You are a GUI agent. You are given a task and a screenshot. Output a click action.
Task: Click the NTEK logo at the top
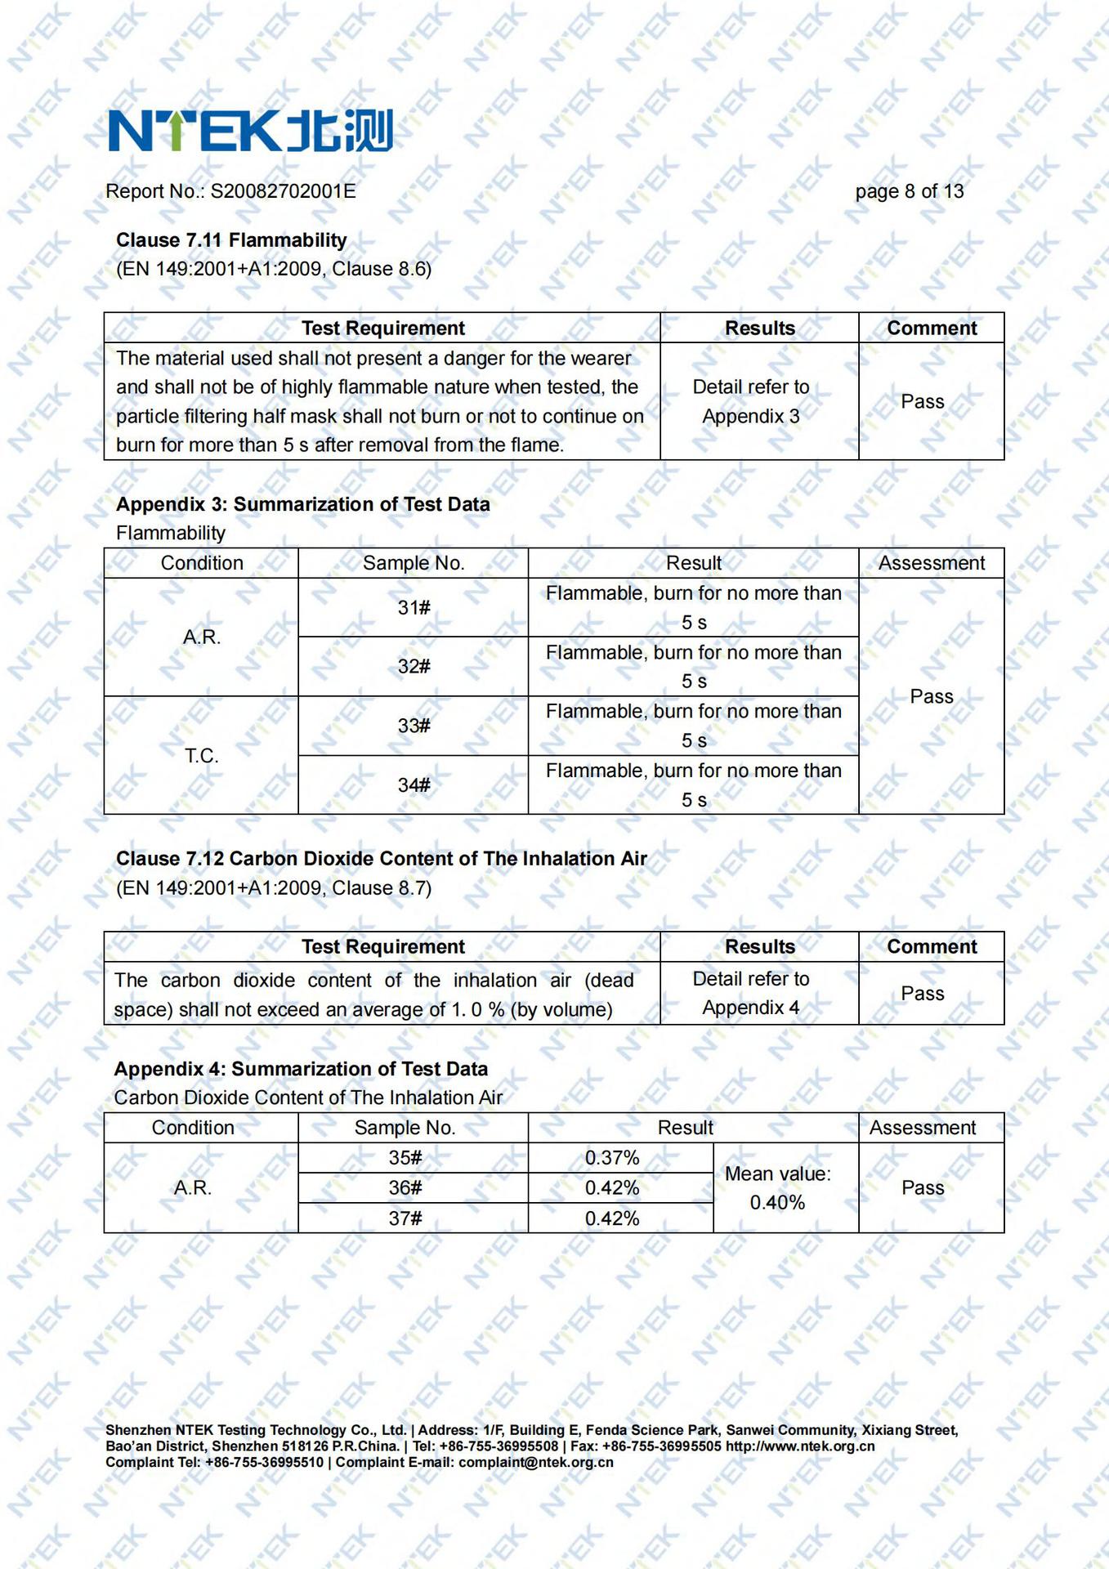[x=250, y=131]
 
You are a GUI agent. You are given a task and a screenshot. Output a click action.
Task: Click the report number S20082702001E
[x=283, y=191]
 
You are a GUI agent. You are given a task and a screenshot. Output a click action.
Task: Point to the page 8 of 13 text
[x=909, y=191]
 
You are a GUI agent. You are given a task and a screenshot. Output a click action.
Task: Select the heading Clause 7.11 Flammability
[x=231, y=240]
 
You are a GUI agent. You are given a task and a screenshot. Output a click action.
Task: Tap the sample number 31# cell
[x=414, y=608]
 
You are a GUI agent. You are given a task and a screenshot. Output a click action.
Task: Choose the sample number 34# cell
[x=414, y=785]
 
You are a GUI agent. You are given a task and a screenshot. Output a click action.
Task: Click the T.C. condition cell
[x=201, y=756]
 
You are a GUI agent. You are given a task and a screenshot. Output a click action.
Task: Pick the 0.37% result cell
[x=612, y=1158]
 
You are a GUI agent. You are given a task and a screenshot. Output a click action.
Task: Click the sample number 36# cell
[x=405, y=1188]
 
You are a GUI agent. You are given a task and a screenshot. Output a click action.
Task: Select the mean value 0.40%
[x=777, y=1203]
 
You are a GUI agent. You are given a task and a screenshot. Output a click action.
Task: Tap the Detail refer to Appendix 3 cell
[x=751, y=401]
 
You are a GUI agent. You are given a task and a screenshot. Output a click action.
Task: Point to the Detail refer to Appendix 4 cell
[x=751, y=993]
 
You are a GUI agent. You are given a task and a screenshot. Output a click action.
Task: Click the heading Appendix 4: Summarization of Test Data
[x=301, y=1069]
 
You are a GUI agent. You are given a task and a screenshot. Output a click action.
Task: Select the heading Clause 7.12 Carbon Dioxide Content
[x=381, y=859]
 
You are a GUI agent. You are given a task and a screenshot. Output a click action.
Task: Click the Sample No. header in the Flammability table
[x=414, y=563]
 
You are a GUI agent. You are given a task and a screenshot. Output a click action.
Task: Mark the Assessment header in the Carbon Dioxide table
[x=922, y=1128]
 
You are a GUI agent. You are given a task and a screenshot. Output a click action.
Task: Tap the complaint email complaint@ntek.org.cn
[x=535, y=1462]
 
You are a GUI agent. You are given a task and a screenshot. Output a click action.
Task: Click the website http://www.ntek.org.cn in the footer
[x=800, y=1446]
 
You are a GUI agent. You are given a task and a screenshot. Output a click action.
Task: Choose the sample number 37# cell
[x=405, y=1218]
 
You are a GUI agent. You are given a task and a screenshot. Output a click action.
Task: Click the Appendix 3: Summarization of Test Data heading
[x=302, y=504]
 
